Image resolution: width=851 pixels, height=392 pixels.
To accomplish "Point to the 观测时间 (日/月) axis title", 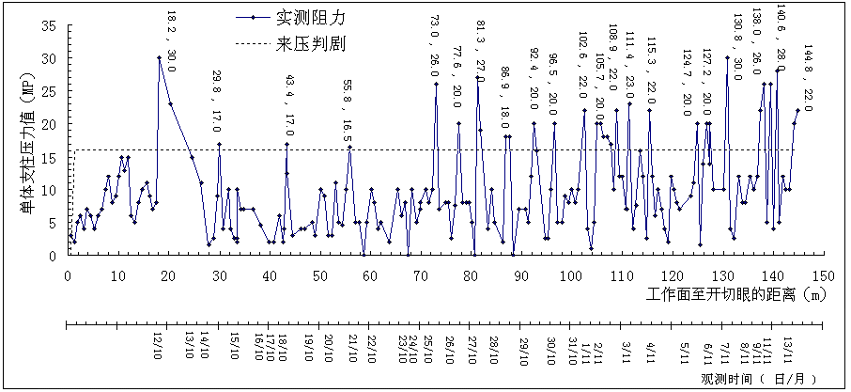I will click(x=762, y=379).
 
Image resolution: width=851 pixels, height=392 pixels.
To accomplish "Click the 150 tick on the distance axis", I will click(x=823, y=275).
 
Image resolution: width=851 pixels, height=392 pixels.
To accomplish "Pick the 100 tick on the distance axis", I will click(x=571, y=275).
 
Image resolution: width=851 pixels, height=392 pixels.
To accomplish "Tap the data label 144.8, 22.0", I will click(x=807, y=78).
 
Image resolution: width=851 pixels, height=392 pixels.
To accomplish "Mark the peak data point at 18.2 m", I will click(x=159, y=58).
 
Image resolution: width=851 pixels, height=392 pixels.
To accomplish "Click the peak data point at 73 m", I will click(x=436, y=85).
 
